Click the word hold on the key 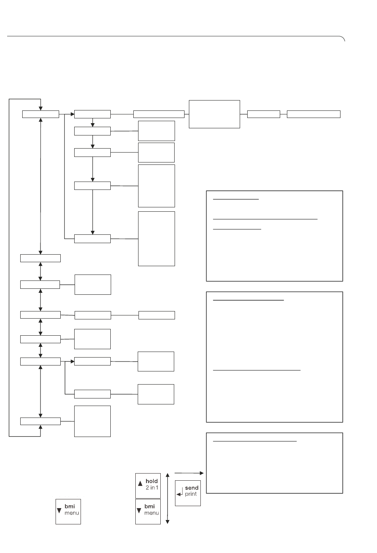151,481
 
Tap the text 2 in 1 152,487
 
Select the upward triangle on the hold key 140,483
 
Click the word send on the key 192,488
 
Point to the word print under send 191,494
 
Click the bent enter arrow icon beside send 179,491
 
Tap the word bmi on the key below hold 150,507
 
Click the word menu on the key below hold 151,513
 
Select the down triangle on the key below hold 139,510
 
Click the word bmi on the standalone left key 69,507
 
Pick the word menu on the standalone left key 72,513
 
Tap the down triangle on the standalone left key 59,510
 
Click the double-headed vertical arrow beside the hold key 167,499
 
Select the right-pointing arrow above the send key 189,473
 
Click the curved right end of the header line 342,38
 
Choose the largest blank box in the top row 214,114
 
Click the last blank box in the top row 314,114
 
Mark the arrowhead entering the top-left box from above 41,108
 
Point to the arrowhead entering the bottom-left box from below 41,427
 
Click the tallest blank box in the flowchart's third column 156,238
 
